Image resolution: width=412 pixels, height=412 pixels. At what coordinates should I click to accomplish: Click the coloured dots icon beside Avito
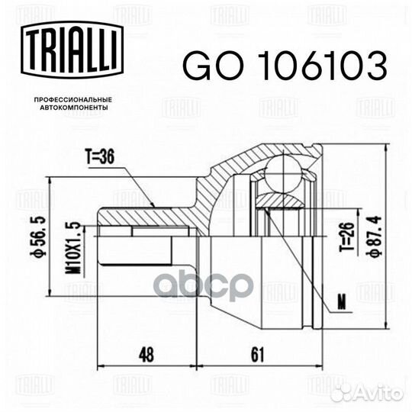click(x=343, y=392)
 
